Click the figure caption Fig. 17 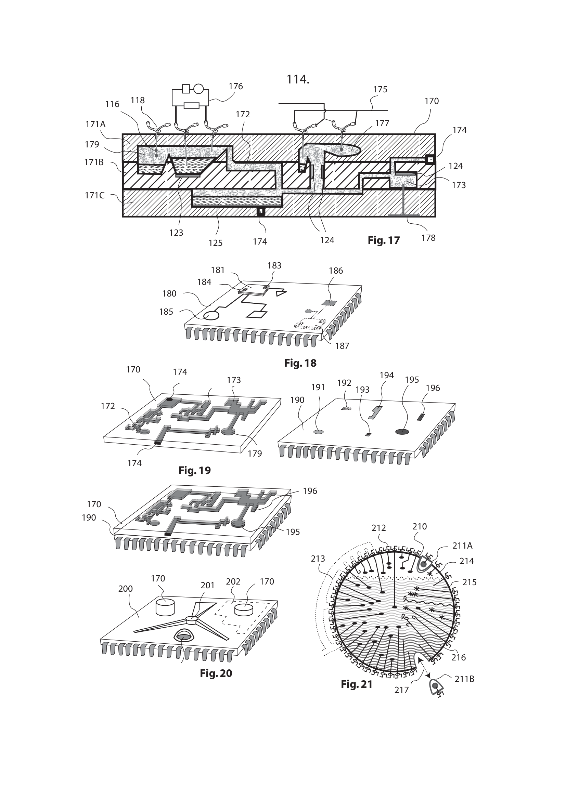tap(384, 240)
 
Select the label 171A tap(95, 124)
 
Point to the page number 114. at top tap(298, 79)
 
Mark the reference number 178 tap(428, 238)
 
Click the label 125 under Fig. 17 tap(215, 243)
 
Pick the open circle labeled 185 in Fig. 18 tap(211, 316)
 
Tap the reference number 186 tap(336, 271)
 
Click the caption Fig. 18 tap(300, 363)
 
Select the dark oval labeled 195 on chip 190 tap(402, 432)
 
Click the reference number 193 tap(362, 390)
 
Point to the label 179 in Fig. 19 tap(255, 453)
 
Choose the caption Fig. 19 tap(194, 470)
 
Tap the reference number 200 tap(126, 589)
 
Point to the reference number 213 tap(318, 559)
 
